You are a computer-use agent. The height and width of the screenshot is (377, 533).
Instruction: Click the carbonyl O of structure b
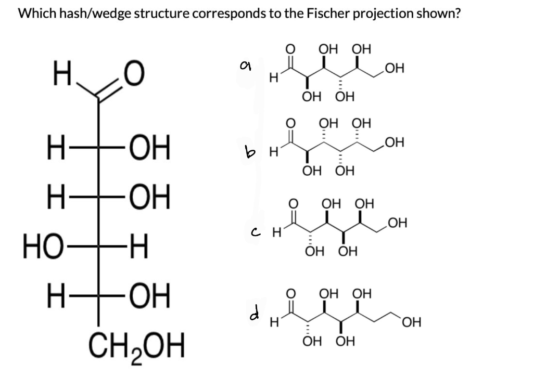(x=291, y=123)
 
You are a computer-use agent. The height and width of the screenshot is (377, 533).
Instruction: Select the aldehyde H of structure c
(x=277, y=233)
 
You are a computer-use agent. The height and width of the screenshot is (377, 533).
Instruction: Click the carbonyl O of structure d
(x=291, y=295)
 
